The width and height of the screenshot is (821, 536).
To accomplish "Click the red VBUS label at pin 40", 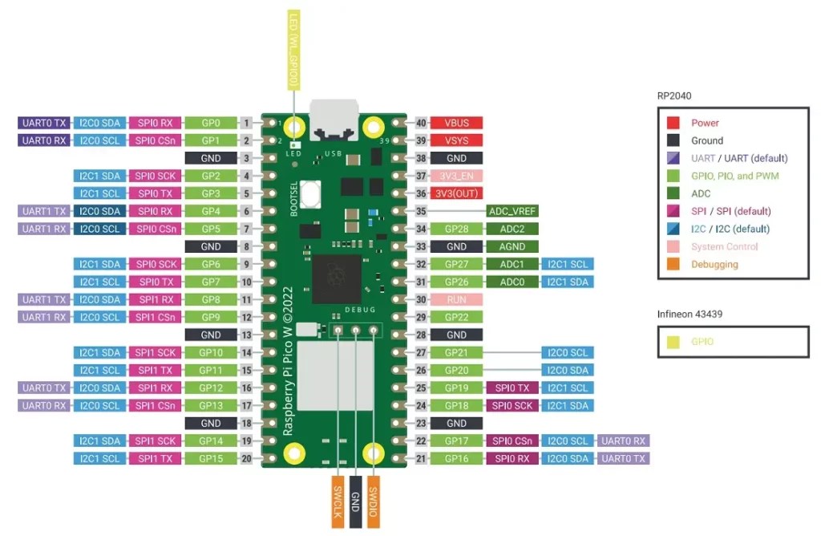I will (457, 123).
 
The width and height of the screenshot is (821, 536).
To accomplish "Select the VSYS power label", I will (457, 140).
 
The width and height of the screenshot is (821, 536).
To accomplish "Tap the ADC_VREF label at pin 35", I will (512, 211).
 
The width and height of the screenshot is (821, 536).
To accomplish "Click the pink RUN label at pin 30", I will (457, 299).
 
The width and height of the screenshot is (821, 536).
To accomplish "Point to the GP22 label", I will (457, 317).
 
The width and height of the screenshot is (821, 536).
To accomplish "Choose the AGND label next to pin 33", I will (512, 246).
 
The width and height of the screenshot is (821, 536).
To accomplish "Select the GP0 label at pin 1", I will (211, 123).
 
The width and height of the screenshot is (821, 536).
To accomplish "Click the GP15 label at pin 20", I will (211, 458).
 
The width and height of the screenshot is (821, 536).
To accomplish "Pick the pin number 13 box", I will (247, 335).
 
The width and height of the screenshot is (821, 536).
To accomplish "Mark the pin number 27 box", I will (421, 352).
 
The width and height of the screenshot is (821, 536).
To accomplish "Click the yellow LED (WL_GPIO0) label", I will (295, 50).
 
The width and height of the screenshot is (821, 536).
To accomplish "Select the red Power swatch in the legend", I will (673, 123).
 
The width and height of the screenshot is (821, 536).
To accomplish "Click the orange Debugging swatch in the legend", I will (673, 264).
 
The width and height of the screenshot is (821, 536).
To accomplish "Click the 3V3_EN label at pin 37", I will (457, 176).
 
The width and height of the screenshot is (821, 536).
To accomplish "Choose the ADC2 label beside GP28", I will (512, 229).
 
